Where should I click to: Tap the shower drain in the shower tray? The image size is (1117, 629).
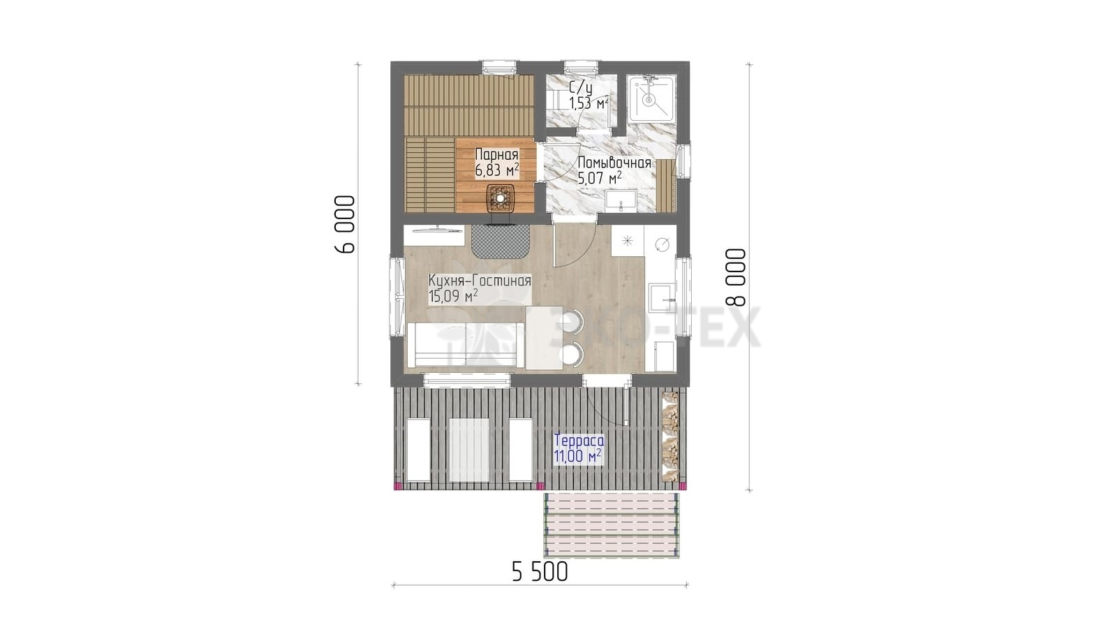coord(649,100)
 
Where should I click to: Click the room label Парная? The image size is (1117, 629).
coord(496,154)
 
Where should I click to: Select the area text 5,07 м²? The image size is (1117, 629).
coord(600,177)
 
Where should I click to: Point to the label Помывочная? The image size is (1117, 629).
coord(614,163)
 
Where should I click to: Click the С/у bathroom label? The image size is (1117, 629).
coord(581,88)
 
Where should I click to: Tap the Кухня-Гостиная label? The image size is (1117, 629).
coord(480,281)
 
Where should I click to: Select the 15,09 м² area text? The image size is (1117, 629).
coord(453,296)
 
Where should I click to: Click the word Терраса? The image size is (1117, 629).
coord(579,441)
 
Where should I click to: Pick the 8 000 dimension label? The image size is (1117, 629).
coord(737,277)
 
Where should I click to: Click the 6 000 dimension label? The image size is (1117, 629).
coord(345,224)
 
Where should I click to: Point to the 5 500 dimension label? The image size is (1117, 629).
coord(540,572)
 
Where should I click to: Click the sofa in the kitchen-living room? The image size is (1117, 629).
coord(465,345)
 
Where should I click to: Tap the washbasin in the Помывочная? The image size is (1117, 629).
coord(621,200)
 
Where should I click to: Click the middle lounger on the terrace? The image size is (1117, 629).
coord(468,450)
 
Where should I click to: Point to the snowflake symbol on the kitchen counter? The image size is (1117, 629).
coord(627,241)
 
